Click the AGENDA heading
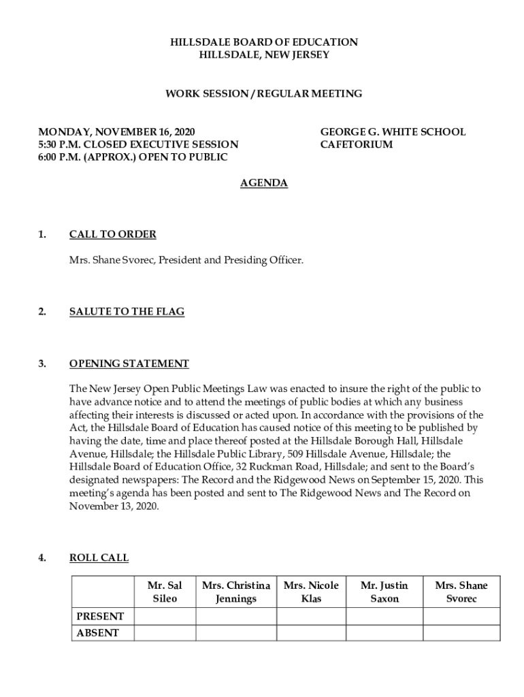tap(264, 183)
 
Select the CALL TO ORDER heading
tap(113, 235)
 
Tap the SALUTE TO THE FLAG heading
tap(127, 312)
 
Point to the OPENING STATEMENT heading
tap(129, 363)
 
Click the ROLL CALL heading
tap(99, 558)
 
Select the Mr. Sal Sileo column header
tap(165, 592)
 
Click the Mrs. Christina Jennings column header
tap(236, 592)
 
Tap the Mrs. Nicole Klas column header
tap(311, 592)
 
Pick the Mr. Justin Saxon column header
tap(384, 592)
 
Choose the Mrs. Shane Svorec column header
tap(461, 592)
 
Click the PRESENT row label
tap(100, 617)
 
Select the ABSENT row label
tap(97, 633)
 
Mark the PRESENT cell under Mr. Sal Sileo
tap(165, 617)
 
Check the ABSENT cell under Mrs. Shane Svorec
tap(461, 633)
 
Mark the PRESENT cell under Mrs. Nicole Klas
tap(311, 617)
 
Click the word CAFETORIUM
tap(357, 145)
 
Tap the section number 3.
tap(42, 363)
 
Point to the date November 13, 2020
tap(114, 506)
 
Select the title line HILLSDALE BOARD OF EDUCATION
tap(264, 42)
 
